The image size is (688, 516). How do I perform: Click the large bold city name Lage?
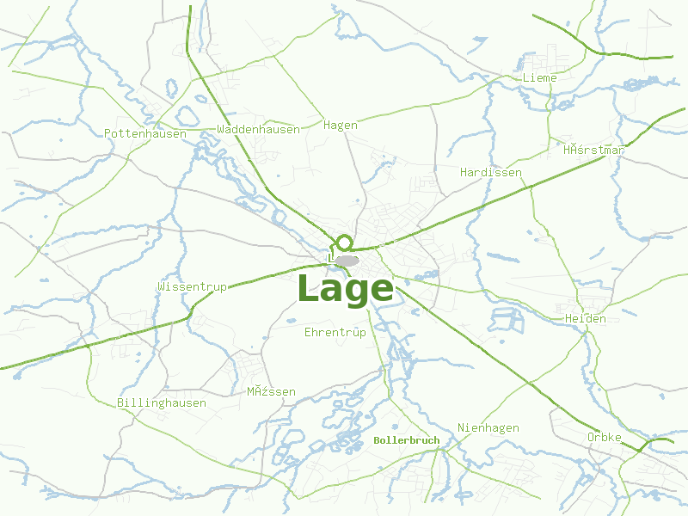[x=345, y=289]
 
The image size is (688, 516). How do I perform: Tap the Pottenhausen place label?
[x=144, y=133]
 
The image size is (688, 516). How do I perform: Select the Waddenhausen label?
[x=259, y=129]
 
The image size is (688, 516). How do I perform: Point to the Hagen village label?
[x=340, y=125]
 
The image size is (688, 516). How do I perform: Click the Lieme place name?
[x=539, y=77]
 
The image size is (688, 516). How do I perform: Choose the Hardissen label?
[x=490, y=172]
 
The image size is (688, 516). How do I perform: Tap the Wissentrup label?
[x=192, y=286]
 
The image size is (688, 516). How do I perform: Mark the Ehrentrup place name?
[x=335, y=331]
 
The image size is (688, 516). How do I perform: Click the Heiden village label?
[x=585, y=318]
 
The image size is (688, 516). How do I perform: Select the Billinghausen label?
[x=162, y=402]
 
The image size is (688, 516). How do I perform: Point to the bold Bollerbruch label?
[x=407, y=440]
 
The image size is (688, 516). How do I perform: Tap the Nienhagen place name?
[x=488, y=427]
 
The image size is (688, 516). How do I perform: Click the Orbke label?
[x=604, y=437]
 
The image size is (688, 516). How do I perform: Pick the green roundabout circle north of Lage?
[x=344, y=243]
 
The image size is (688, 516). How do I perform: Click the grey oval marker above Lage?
[x=347, y=260]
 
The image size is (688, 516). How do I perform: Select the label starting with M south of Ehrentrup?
[x=271, y=391]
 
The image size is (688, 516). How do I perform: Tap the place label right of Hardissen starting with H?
[x=593, y=150]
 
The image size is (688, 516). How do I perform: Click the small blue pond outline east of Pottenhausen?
[x=170, y=87]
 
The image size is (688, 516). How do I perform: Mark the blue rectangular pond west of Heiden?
[x=507, y=320]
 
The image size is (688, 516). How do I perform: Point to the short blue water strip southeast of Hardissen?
[x=503, y=256]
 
